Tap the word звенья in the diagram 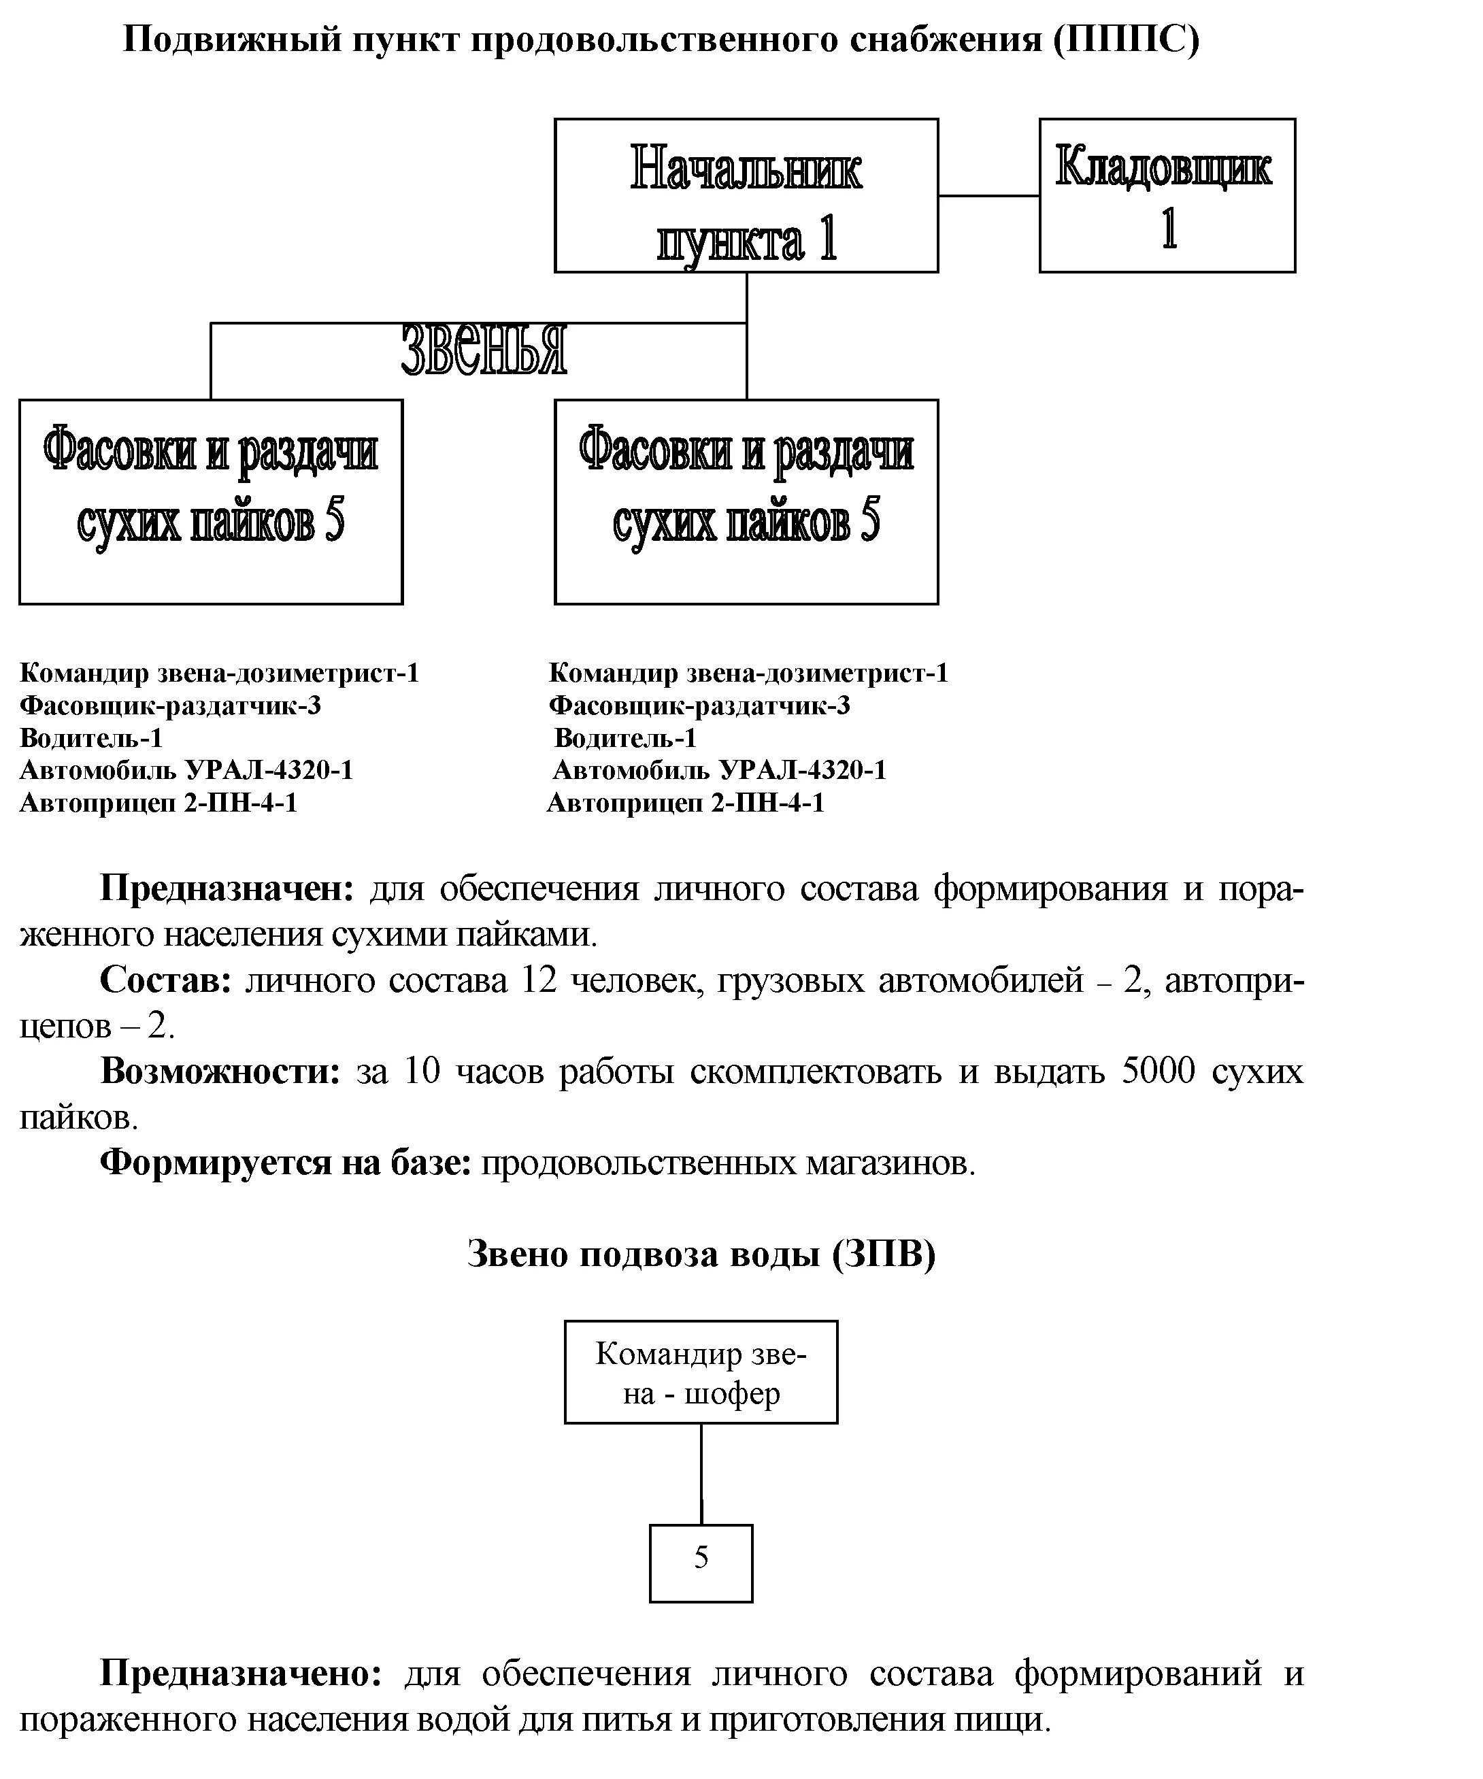(x=484, y=349)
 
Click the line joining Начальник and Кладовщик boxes (x=988, y=196)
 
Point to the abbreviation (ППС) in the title (x=1127, y=40)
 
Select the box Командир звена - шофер (x=701, y=1372)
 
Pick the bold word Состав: (x=166, y=980)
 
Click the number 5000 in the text (x=1158, y=1071)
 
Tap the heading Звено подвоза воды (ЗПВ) (x=701, y=1254)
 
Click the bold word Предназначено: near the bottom (x=241, y=1673)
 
